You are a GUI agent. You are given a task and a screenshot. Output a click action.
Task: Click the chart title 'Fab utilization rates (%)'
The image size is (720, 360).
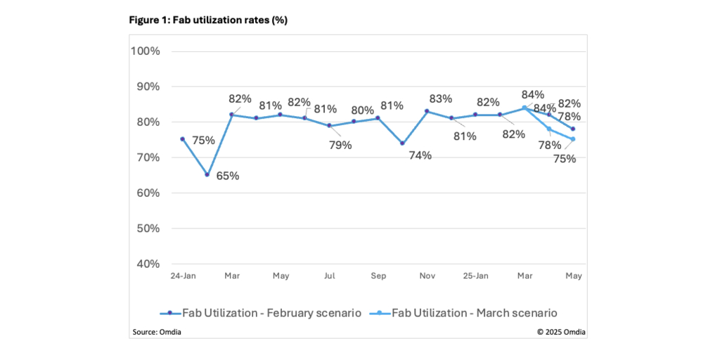pyautogui.click(x=207, y=20)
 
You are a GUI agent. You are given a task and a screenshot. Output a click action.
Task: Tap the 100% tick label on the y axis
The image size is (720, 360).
pyautogui.click(x=146, y=51)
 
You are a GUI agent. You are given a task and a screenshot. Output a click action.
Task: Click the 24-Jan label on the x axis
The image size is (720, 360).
pyautogui.click(x=183, y=276)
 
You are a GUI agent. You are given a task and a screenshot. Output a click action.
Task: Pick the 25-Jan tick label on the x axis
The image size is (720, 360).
pyautogui.click(x=475, y=276)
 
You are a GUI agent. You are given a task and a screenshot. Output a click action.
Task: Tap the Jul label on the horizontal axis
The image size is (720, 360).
pyautogui.click(x=329, y=276)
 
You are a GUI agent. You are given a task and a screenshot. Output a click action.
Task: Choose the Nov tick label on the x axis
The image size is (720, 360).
pyautogui.click(x=427, y=276)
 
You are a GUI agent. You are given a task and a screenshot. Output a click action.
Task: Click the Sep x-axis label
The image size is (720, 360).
pyautogui.click(x=378, y=276)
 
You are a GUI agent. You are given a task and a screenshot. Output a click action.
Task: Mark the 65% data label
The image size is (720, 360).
pyautogui.click(x=227, y=176)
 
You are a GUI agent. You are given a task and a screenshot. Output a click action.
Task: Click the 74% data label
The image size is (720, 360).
pyautogui.click(x=419, y=155)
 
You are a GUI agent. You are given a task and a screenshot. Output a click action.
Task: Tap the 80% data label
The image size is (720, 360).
pyautogui.click(x=362, y=110)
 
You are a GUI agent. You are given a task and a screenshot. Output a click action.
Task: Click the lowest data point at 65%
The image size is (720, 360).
pyautogui.click(x=207, y=174)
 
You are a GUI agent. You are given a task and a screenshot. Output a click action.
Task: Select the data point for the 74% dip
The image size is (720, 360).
pyautogui.click(x=402, y=143)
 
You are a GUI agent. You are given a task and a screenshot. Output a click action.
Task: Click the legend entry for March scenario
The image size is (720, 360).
pyautogui.click(x=466, y=313)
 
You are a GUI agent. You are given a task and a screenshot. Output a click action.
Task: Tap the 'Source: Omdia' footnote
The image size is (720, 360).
pyautogui.click(x=157, y=331)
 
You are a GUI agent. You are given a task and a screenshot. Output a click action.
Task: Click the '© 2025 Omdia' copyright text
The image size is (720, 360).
pyautogui.click(x=560, y=331)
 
